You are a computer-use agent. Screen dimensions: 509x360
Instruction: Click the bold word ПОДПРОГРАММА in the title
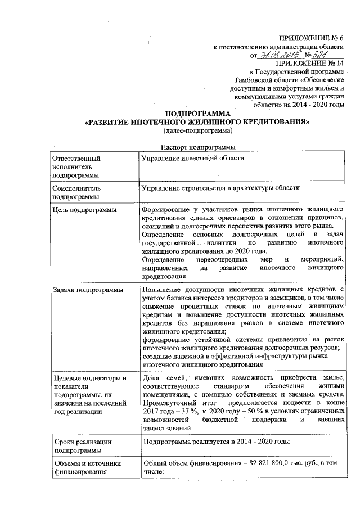(196, 113)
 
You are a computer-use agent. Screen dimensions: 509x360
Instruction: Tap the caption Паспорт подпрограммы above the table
(196, 147)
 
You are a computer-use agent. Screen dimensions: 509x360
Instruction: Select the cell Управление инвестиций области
(193, 158)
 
